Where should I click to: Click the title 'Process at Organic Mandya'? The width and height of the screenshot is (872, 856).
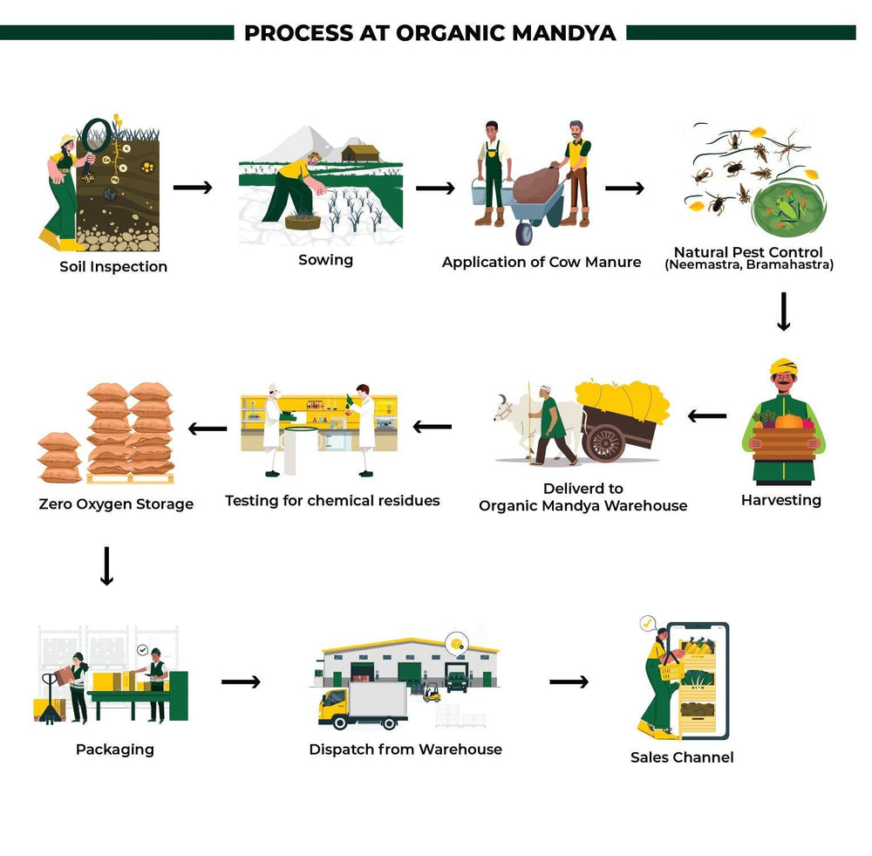click(430, 33)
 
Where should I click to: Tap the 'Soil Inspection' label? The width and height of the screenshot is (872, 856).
click(113, 266)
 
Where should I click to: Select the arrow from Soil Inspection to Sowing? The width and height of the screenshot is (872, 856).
click(193, 188)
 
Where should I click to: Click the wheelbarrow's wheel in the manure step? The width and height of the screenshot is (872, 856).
click(526, 233)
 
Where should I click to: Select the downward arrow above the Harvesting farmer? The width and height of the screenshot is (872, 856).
click(783, 312)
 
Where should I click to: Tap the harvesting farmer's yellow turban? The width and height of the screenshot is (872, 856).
click(784, 365)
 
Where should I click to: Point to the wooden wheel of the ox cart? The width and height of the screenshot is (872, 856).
click(604, 441)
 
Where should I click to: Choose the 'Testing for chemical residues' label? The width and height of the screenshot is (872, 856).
click(332, 501)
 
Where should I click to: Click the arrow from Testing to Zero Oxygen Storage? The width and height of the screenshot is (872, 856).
click(208, 428)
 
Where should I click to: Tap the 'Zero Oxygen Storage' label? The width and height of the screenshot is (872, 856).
click(116, 504)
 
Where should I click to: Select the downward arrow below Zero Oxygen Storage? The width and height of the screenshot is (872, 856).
click(106, 566)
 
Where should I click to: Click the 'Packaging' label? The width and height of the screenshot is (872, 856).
click(115, 749)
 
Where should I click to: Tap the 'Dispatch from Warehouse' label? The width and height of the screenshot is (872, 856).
click(405, 749)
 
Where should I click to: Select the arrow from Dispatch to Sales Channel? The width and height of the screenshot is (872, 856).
click(569, 681)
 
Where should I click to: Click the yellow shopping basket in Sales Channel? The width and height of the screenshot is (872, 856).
click(671, 671)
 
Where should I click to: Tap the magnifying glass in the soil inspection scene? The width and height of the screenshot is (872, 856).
click(98, 134)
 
